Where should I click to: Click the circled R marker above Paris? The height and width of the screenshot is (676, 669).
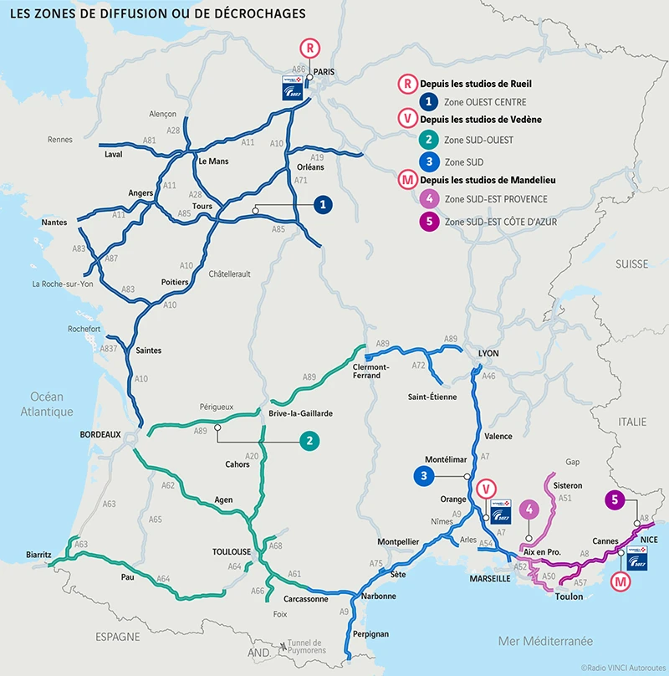click(310, 48)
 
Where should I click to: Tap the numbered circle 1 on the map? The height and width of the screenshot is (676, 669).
click(322, 204)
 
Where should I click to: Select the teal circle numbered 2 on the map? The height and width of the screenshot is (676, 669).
click(309, 440)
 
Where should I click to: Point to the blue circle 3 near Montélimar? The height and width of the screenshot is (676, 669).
click(425, 475)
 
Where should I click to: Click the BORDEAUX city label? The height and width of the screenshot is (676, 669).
click(100, 434)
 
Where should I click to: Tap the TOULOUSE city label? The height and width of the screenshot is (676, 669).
click(231, 552)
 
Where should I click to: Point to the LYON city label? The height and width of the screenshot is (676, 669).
click(488, 354)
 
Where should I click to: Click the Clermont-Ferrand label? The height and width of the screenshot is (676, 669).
click(371, 371)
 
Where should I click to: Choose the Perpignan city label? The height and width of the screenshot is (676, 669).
click(372, 634)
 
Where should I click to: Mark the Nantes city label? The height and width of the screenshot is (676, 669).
click(54, 223)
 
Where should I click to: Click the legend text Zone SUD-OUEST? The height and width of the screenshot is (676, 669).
click(479, 140)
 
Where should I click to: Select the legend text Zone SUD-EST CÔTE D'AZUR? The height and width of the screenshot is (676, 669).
click(501, 222)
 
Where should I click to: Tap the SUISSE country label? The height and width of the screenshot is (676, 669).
click(631, 264)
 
